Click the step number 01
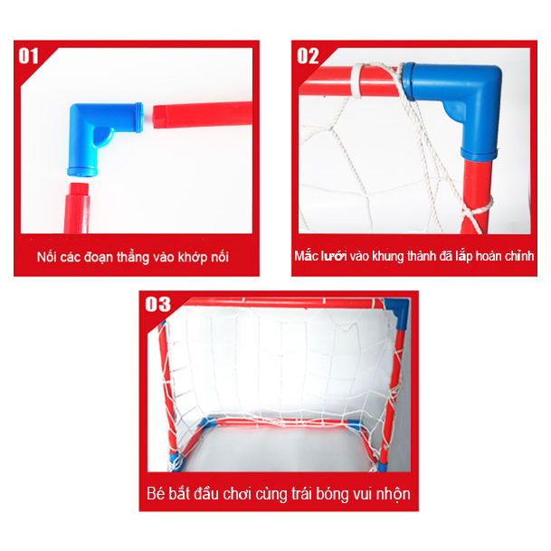tap(28, 56)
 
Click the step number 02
tap(308, 56)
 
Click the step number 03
tap(158, 304)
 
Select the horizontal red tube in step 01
tap(203, 115)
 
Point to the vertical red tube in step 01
tap(77, 208)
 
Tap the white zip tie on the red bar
tap(356, 81)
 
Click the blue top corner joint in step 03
tap(398, 312)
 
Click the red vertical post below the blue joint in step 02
tap(475, 195)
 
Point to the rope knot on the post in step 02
tap(476, 209)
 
